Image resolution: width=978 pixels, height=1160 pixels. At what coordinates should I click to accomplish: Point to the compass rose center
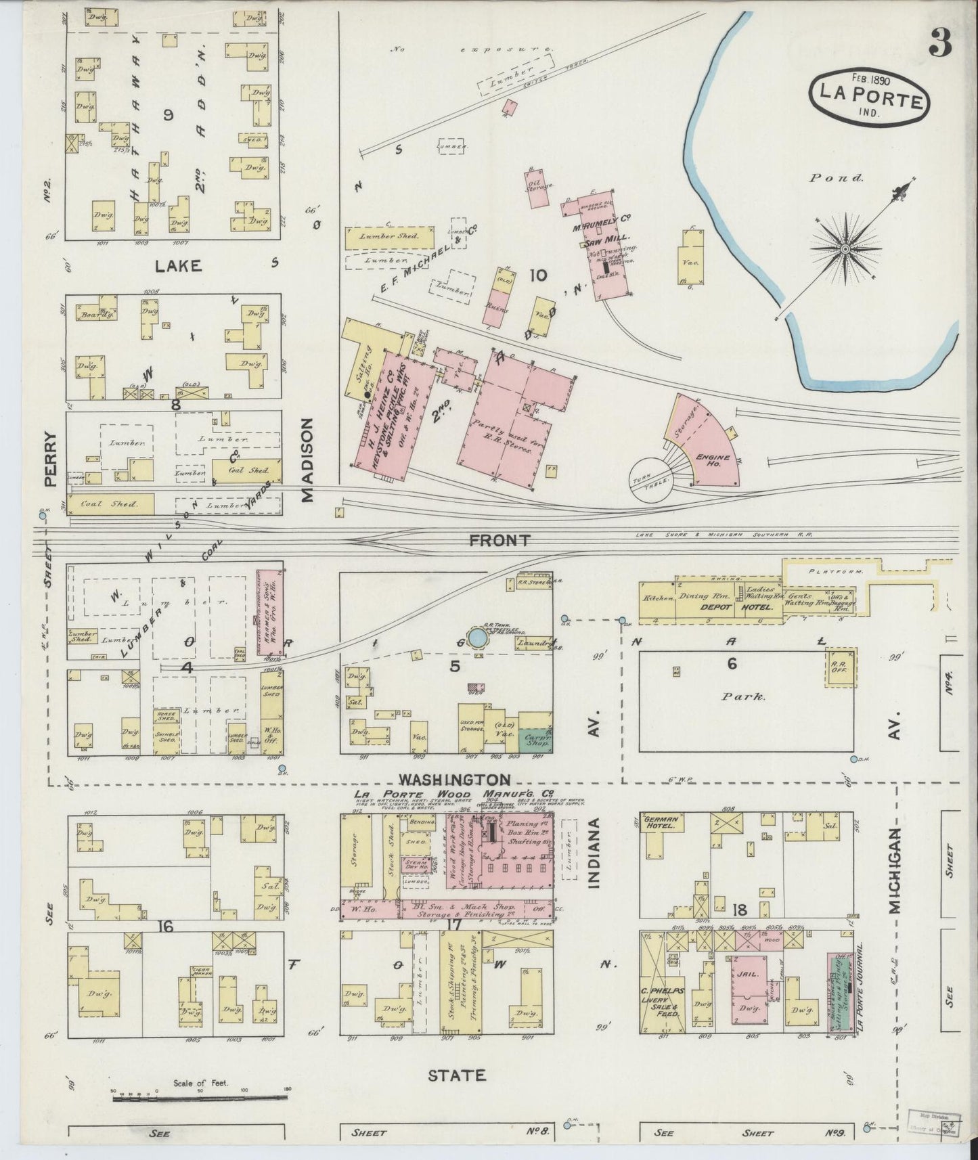click(845, 250)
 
